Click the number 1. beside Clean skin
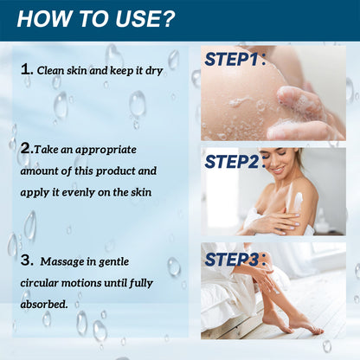click(26, 67)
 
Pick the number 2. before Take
click(27, 148)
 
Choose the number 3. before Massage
click(28, 259)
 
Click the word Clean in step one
click(51, 68)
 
